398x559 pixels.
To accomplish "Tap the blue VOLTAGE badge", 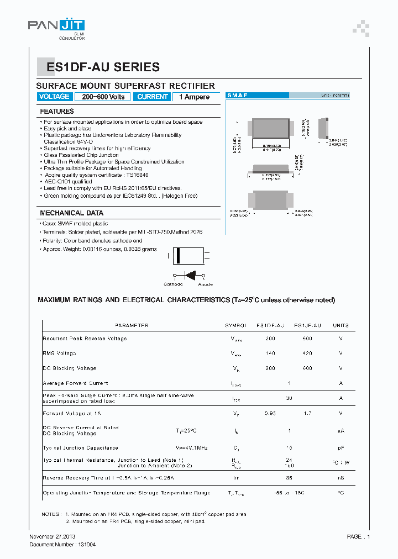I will tap(55, 97).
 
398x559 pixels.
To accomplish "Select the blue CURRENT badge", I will tap(153, 97).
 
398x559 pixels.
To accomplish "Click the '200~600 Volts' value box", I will tap(103, 97).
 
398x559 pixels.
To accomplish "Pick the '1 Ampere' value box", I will tap(194, 97).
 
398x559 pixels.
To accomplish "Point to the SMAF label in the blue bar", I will tap(238, 96).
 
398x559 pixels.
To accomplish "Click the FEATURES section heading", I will tap(57, 112).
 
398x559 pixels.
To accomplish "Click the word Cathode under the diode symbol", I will tap(173, 284).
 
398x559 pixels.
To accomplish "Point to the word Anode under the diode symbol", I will tap(205, 284).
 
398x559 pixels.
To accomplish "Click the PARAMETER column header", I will tap(132, 326).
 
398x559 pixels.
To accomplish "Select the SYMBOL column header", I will tap(235, 326).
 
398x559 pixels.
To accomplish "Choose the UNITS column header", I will tap(341, 326).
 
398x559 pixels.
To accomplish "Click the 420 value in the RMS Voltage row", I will tap(307, 354).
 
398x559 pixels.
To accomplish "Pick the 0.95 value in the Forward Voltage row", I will tap(270, 413).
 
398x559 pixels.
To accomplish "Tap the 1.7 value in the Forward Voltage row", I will tap(307, 413).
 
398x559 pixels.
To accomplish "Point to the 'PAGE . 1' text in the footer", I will tap(358, 536).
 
